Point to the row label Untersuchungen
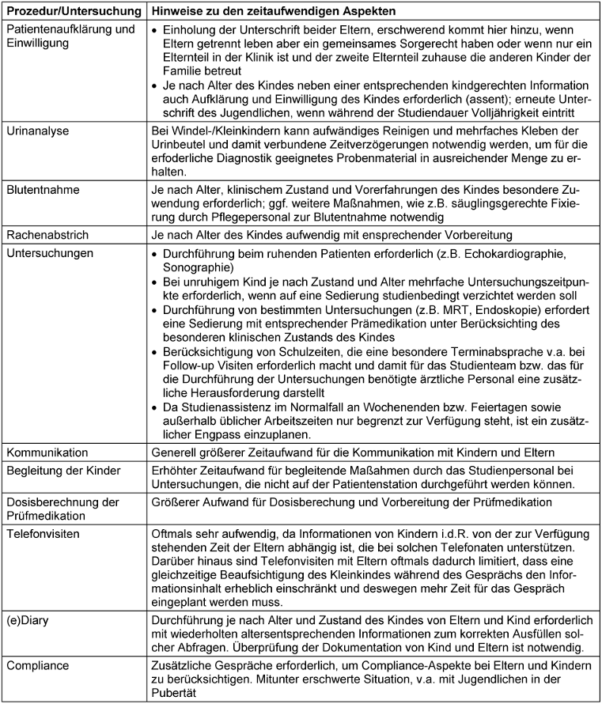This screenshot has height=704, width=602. pos(47,253)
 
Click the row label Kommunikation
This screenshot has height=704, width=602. pos(47,452)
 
